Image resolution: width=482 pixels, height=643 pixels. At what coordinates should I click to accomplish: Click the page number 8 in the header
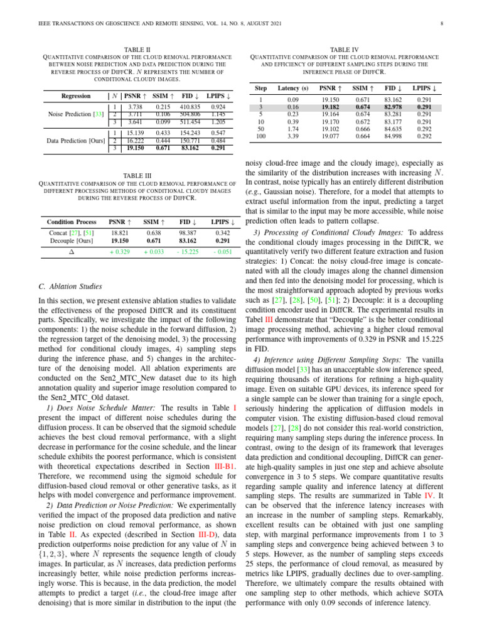(442, 24)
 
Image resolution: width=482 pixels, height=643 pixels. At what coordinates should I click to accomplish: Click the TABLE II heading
(139, 48)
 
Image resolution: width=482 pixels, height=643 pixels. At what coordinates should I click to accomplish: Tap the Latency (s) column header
(293, 89)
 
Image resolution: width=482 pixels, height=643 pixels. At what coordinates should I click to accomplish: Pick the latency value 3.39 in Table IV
(292, 136)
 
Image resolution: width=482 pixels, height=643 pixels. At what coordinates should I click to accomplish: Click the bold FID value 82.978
(394, 108)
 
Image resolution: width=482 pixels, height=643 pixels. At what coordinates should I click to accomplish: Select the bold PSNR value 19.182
(330, 108)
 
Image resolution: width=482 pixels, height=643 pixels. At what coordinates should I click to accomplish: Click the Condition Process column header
(72, 222)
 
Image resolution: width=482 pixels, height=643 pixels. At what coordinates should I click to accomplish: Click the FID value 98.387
(187, 232)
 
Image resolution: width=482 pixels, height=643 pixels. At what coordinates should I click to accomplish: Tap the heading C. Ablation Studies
(70, 287)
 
